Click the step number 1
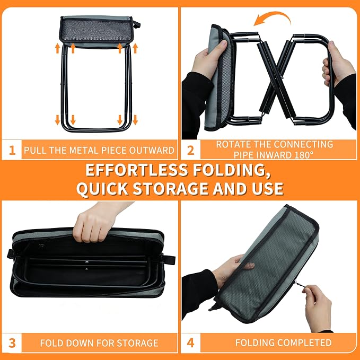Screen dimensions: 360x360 point(12,151)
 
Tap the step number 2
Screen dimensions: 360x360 point(190,151)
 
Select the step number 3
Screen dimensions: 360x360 point(12,343)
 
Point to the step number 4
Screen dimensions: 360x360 point(190,343)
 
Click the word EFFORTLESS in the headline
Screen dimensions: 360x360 point(137,170)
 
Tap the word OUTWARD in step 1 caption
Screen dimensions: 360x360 point(152,151)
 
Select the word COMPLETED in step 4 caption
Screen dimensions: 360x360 point(306,343)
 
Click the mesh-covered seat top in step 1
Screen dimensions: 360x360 point(96,31)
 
